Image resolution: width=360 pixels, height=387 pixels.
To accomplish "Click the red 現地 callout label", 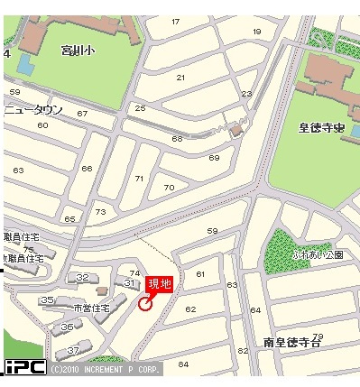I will pyautogui.click(x=160, y=285).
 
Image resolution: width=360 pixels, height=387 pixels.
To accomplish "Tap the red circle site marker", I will pyautogui.click(x=146, y=304).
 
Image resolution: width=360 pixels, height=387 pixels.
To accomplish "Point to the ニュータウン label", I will pyautogui.click(x=33, y=109).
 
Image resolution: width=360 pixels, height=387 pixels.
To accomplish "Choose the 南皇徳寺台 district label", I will pyautogui.click(x=293, y=342).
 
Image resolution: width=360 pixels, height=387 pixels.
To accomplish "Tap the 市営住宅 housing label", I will pyautogui.click(x=90, y=309).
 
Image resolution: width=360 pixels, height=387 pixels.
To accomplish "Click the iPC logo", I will pyautogui.click(x=24, y=367).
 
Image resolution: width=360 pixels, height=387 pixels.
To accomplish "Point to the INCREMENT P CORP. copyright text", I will pyautogui.click(x=106, y=370).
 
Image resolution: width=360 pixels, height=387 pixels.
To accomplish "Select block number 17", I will pyautogui.click(x=175, y=22).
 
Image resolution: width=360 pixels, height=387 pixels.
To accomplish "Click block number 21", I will pyautogui.click(x=180, y=78).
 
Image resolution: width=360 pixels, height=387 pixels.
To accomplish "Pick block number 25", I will pyautogui.click(x=140, y=108).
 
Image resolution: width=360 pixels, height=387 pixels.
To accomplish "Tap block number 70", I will pyautogui.click(x=169, y=188).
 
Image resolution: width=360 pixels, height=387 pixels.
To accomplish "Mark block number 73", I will pyautogui.click(x=100, y=212).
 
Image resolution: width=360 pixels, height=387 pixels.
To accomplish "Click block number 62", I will pyautogui.click(x=190, y=309).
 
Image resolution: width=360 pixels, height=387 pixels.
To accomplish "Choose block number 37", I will pyautogui.click(x=73, y=349).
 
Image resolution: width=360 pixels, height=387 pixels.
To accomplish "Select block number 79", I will pyautogui.click(x=318, y=336).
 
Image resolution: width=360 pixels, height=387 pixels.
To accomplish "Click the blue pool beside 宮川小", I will pyautogui.click(x=23, y=65).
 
